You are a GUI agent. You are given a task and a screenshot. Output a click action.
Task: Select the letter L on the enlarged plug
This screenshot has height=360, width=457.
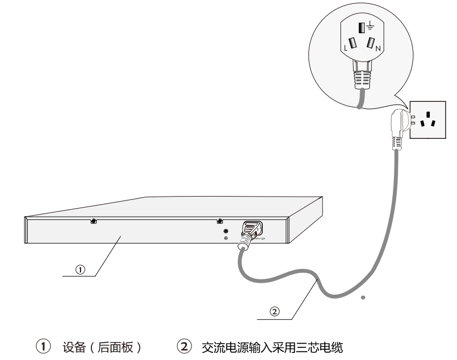[343, 50]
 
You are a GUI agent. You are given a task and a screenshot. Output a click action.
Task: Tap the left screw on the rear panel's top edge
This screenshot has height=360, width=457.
[94, 222]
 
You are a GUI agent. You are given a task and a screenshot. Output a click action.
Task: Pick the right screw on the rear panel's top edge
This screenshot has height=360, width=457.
[219, 222]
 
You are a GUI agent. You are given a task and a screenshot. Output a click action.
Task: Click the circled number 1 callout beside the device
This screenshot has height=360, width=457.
[80, 269]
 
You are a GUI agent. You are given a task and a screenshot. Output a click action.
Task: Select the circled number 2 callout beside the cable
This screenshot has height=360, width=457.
[275, 311]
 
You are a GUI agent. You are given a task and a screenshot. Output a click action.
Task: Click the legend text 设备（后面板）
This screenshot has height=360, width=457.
[102, 346]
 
